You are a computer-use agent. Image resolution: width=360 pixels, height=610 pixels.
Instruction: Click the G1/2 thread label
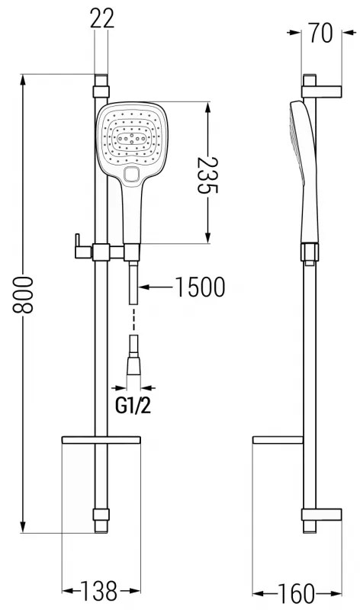point(133,406)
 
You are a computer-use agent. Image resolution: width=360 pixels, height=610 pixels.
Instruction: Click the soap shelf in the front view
point(101,440)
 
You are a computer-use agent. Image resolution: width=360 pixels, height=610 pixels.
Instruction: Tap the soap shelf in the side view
point(279,440)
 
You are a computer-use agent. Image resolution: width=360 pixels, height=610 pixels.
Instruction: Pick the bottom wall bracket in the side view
point(320,515)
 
